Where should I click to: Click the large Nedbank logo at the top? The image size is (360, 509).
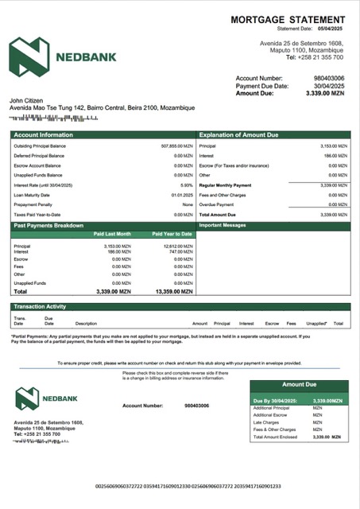[x=63, y=56]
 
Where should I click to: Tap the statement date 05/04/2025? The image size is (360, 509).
[x=334, y=29]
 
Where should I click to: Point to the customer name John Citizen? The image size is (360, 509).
[x=29, y=101]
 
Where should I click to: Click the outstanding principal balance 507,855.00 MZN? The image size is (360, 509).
[x=176, y=146]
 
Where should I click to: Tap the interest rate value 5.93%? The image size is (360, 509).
[x=187, y=185]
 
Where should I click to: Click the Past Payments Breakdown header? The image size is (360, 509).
[x=48, y=226]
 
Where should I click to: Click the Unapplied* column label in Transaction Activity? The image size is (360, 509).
[x=316, y=324]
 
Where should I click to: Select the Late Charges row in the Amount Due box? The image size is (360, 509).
[x=267, y=422]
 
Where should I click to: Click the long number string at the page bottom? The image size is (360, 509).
[x=188, y=486]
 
